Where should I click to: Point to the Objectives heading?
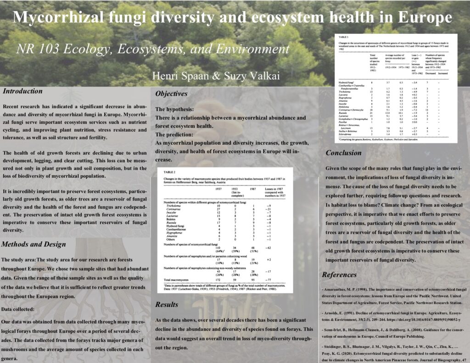click(171, 94)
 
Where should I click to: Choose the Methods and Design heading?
click(34, 244)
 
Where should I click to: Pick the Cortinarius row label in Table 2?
click(175, 209)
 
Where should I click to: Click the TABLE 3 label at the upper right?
click(344, 36)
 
